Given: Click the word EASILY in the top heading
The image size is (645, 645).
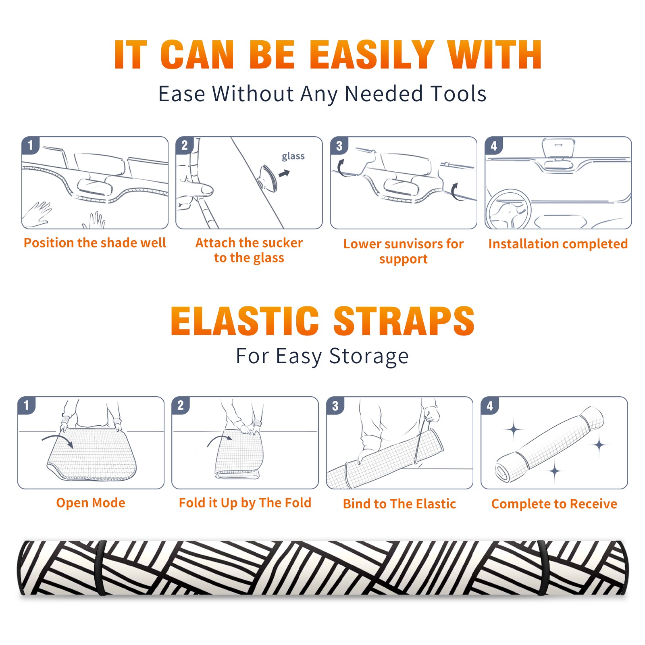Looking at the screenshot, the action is coord(372,55).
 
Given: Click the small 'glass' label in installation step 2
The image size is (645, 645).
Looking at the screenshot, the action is coord(293,156).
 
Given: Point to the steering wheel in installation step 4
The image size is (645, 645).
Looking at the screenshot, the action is coord(508,209).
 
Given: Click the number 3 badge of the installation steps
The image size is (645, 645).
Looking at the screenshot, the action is coord(339,146).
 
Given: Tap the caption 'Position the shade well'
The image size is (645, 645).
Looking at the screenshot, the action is coord(95,243).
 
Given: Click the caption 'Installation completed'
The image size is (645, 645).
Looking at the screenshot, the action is coord(558,243).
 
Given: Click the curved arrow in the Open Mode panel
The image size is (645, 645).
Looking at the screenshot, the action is coord(58,441).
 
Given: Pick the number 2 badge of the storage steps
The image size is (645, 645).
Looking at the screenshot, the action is coord(180,405).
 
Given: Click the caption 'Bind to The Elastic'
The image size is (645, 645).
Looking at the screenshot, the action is coord(399,504).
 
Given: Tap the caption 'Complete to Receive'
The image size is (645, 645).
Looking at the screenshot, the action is coord(554,504).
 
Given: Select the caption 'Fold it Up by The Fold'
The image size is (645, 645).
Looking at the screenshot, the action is coord(245,503).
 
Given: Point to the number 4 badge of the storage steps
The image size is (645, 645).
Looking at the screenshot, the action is coord(489,405).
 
